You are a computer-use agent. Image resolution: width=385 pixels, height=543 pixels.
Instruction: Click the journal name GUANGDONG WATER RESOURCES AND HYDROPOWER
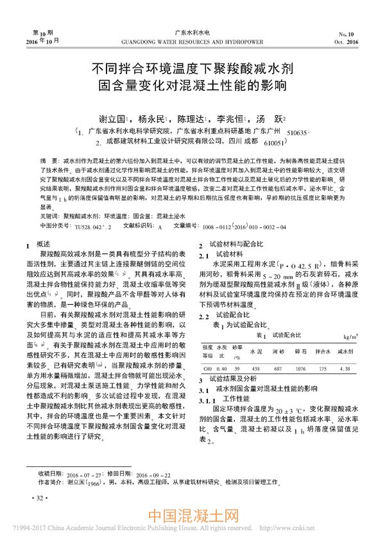pos(192,42)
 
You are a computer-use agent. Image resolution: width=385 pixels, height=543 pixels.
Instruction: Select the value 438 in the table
pos(255,368)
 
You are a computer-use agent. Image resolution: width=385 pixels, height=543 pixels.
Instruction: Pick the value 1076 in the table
pos(300,368)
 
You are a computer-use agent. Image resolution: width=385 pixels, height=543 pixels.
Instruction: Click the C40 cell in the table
pos(207,368)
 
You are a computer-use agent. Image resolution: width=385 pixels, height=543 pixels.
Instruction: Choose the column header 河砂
pos(278,352)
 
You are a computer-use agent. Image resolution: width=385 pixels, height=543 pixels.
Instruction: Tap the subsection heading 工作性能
pos(234,398)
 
